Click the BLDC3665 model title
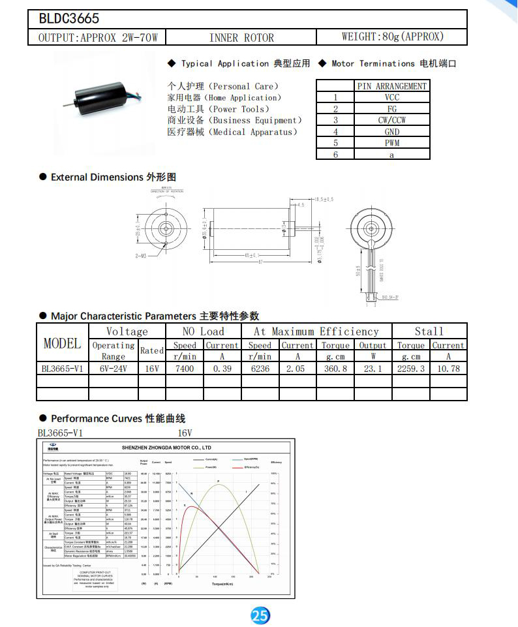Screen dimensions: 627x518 pyautogui.click(x=69, y=19)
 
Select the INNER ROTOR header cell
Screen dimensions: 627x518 pyautogui.click(x=241, y=37)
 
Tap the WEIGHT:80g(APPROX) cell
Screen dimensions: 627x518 pyautogui.click(x=392, y=37)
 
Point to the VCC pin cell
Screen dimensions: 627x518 pyautogui.click(x=392, y=97)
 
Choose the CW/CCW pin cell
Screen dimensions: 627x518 pyautogui.click(x=392, y=120)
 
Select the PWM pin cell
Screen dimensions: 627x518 pyautogui.click(x=392, y=143)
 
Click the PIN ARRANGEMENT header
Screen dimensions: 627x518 pyautogui.click(x=392, y=86)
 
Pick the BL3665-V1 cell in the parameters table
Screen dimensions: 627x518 pyautogui.click(x=62, y=368)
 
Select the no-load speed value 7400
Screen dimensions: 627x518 pyautogui.click(x=185, y=368)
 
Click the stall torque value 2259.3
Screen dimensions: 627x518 pyautogui.click(x=411, y=368)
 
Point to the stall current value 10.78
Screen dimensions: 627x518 pyautogui.click(x=448, y=368)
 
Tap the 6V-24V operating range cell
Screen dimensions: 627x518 pyautogui.click(x=113, y=368)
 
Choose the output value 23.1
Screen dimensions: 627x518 pyautogui.click(x=373, y=368)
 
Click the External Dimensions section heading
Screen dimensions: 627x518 pyautogui.click(x=113, y=177)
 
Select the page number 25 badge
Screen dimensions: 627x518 pyautogui.click(x=260, y=615)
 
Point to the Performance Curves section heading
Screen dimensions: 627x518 pyautogui.click(x=117, y=418)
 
